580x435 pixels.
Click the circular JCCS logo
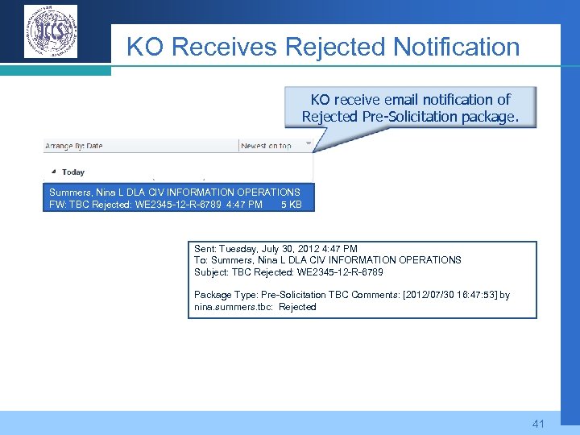pos(51,31)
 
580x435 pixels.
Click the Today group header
pos(72,172)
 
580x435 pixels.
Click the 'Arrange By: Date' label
pos(74,146)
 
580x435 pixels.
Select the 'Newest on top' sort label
pos(266,146)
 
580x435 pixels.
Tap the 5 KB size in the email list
pos(291,205)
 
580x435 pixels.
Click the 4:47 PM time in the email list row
pos(244,205)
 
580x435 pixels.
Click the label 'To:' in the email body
pos(201,260)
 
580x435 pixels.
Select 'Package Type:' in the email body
pos(225,295)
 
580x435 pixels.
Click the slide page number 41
pos(538,423)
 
